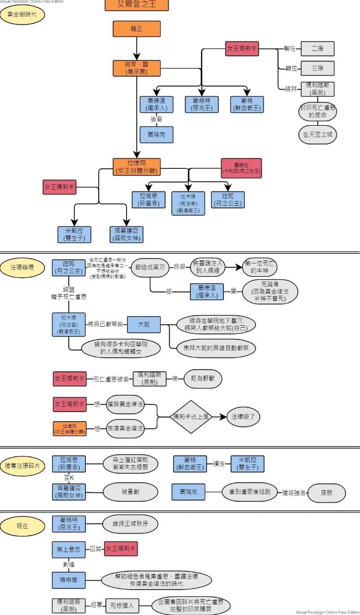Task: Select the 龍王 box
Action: point(137,29)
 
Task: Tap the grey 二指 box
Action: point(317,48)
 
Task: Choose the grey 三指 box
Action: point(317,68)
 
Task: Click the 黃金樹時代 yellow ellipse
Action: point(23,15)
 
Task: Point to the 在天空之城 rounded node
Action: point(317,135)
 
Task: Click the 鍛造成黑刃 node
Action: point(150,268)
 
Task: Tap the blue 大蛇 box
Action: point(143,325)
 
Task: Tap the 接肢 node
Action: point(326,493)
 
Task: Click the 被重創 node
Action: point(130,491)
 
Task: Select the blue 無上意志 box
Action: point(69,549)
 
